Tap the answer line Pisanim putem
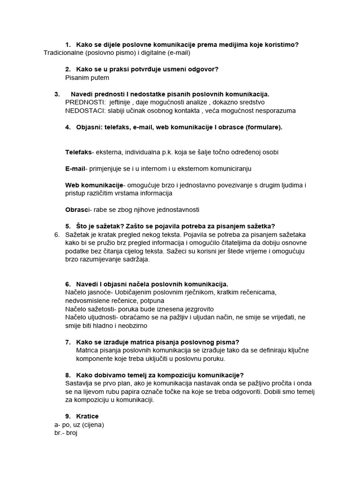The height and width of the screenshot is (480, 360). pyautogui.click(x=87, y=77)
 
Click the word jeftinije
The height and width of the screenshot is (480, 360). pyautogui.click(x=119, y=102)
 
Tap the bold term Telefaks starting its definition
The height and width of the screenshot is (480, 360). pyautogui.click(x=78, y=152)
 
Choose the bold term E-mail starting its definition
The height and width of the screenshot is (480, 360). pyautogui.click(x=75, y=168)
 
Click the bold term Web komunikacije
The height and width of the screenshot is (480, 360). pyautogui.click(x=94, y=185)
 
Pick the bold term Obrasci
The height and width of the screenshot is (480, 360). pyautogui.click(x=77, y=210)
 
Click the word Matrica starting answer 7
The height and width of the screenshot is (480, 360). pyautogui.click(x=87, y=350)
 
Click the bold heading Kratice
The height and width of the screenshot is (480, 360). pyautogui.click(x=88, y=416)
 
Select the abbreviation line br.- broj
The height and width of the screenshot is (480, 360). pyautogui.click(x=66, y=433)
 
